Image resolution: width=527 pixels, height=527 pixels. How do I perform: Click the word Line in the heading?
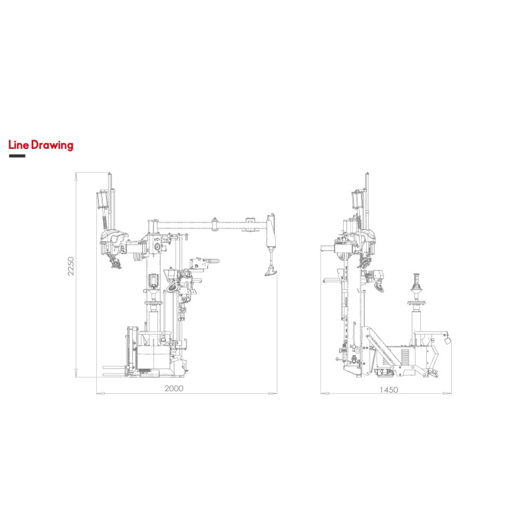19,145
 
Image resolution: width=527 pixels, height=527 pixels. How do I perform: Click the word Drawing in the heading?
52,146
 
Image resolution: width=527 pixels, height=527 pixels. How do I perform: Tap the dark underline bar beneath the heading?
17,156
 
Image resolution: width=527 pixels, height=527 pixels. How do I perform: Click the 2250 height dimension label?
71,266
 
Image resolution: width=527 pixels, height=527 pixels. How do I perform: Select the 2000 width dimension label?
174,389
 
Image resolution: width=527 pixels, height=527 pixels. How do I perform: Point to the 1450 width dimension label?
389,390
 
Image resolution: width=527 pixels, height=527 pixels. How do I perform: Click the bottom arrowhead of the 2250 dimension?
76,372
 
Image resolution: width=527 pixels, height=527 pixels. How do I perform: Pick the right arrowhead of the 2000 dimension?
273,393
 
